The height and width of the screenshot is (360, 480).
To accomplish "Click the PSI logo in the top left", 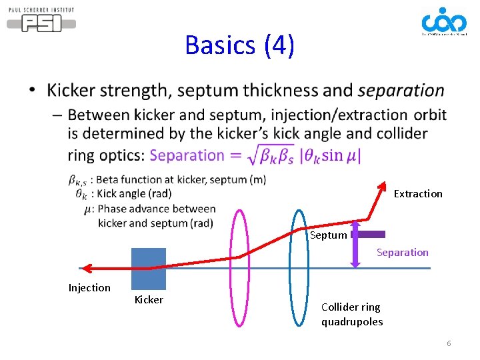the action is coord(41,20).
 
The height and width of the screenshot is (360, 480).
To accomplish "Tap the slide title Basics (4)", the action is coord(239,45).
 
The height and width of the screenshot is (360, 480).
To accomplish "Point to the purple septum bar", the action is coord(369,234).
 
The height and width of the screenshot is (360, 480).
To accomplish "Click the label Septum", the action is coord(329,235).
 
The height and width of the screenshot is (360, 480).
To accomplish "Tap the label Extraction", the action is coord(418,193).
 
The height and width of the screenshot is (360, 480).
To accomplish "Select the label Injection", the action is coord(89,287).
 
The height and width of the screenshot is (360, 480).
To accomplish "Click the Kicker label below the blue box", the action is coord(149,299).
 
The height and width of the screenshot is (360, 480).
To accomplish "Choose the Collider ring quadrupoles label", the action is coord(351,314).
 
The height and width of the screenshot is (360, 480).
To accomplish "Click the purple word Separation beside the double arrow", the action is coord(402,252).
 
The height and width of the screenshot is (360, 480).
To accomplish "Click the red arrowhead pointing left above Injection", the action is coord(87,268).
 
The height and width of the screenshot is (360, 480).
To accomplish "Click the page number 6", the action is coord(449,343).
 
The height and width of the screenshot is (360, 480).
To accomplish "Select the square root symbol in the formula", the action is coord(238,156).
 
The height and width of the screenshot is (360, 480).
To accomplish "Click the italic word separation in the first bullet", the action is coord(401,90).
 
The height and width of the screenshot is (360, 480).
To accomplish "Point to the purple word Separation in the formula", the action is coord(187,155).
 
